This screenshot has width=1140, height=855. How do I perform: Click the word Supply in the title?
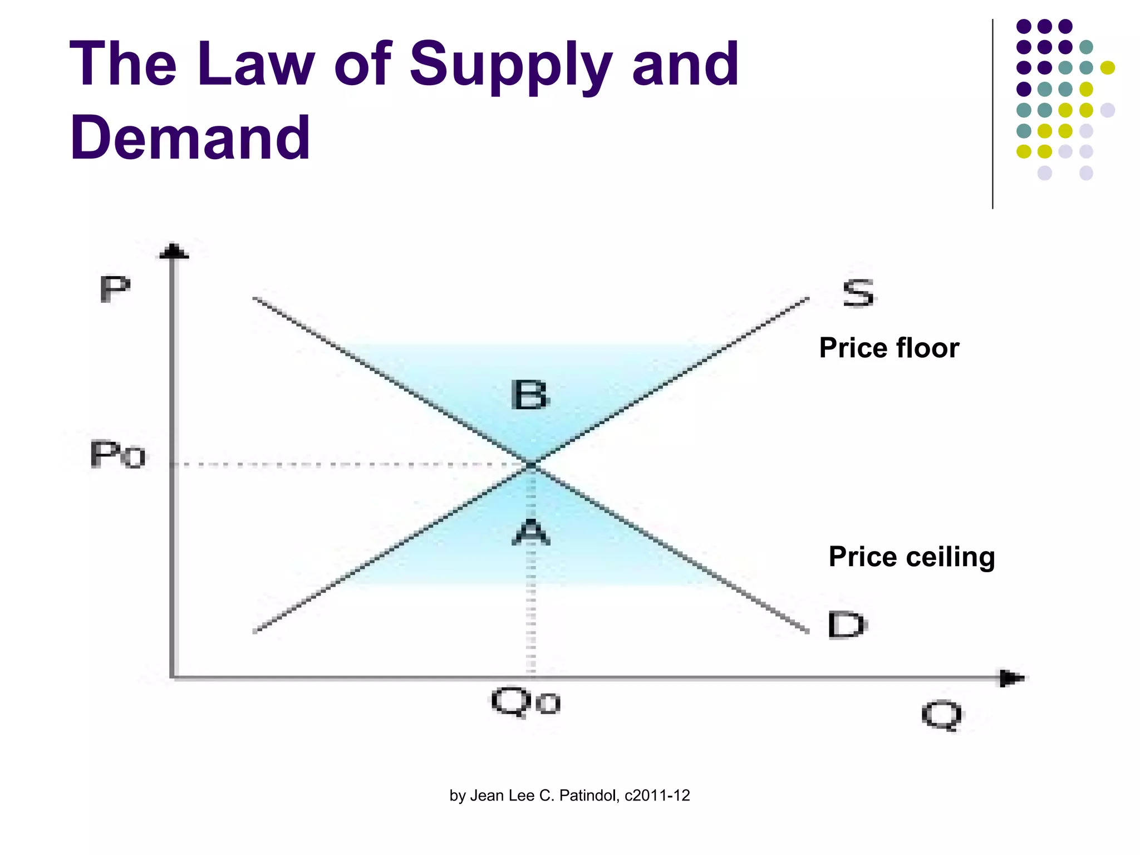510,66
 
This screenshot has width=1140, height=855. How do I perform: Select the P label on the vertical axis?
115,289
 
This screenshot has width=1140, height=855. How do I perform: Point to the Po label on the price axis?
118,455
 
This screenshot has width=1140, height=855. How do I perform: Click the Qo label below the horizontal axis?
526,702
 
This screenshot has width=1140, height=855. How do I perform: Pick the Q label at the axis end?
941,716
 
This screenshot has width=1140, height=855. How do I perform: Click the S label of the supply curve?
858,293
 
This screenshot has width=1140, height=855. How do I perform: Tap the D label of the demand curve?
846,625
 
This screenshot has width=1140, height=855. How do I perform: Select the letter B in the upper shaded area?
529,395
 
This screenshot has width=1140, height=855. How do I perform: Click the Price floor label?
889,348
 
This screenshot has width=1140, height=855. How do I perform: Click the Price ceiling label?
911,557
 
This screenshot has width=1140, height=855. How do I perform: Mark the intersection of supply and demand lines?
531,464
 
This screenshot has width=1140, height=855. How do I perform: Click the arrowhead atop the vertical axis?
174,252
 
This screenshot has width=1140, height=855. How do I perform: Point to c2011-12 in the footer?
657,795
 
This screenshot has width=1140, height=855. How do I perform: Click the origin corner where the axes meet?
173,677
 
